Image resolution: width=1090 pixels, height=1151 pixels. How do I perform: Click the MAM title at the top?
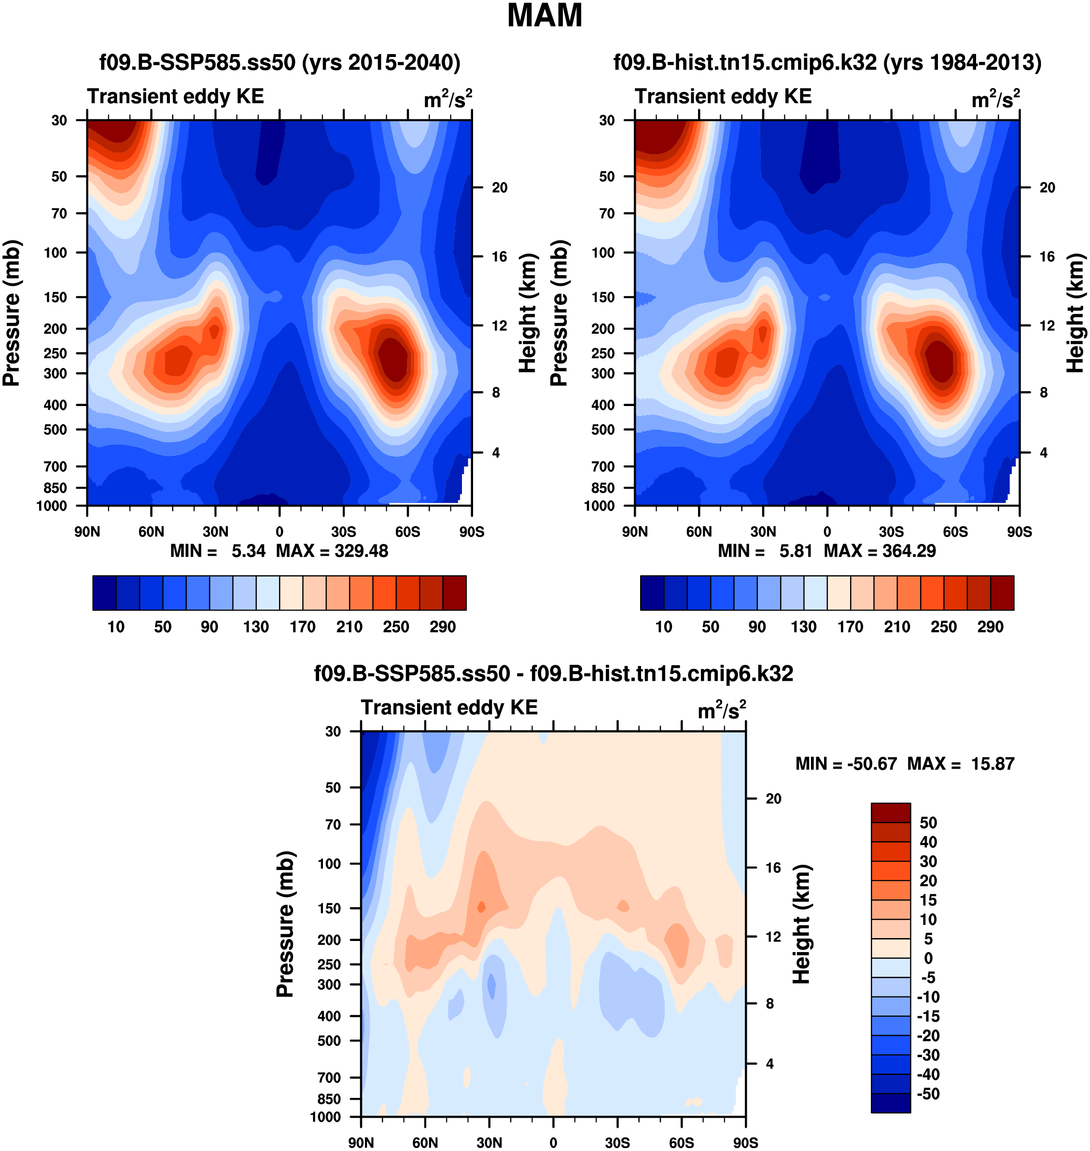545,15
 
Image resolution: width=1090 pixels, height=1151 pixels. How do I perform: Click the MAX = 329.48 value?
332,551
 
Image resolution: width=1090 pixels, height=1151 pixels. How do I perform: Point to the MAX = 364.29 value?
880,551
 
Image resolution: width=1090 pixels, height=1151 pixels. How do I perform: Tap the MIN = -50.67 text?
846,763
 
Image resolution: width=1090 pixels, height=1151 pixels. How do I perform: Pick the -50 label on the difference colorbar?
928,1094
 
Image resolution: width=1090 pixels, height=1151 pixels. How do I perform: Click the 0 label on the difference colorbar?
928,958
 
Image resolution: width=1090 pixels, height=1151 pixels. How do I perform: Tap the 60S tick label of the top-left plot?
407,532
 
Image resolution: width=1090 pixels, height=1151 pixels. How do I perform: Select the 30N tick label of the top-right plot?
763,532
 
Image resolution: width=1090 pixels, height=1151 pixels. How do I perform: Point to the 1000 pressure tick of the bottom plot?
325,1117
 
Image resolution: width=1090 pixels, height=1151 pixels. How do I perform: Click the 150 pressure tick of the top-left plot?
56,297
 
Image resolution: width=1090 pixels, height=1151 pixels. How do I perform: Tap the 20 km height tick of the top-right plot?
1047,188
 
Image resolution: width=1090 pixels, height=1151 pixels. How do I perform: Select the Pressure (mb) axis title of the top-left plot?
12,313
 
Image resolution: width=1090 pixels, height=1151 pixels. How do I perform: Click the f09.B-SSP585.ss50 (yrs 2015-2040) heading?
279,62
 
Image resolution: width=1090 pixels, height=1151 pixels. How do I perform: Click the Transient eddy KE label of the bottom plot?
449,707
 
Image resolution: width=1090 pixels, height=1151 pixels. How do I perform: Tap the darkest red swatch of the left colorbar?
454,593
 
